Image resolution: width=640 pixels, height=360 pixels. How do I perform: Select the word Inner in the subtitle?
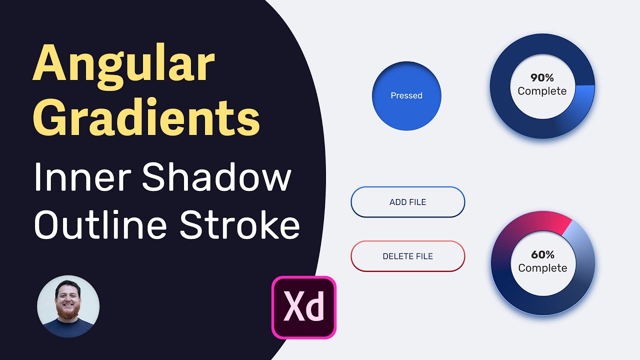point(82,177)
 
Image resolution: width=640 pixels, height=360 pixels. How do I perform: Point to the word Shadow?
point(216,177)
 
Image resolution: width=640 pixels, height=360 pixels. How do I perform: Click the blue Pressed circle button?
point(406,95)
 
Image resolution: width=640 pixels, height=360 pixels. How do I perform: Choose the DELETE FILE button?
point(407,256)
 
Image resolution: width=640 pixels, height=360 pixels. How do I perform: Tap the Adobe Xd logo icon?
point(304,307)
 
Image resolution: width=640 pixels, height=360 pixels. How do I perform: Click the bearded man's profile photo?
point(68,306)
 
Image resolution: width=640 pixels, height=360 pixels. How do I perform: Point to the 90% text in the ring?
point(542,78)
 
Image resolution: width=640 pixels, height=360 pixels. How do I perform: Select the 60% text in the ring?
point(542,255)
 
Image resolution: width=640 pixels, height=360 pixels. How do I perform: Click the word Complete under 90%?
point(542,91)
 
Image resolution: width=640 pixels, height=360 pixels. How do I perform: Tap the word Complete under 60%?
point(542,268)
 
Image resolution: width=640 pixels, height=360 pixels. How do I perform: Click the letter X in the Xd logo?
point(294,306)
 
